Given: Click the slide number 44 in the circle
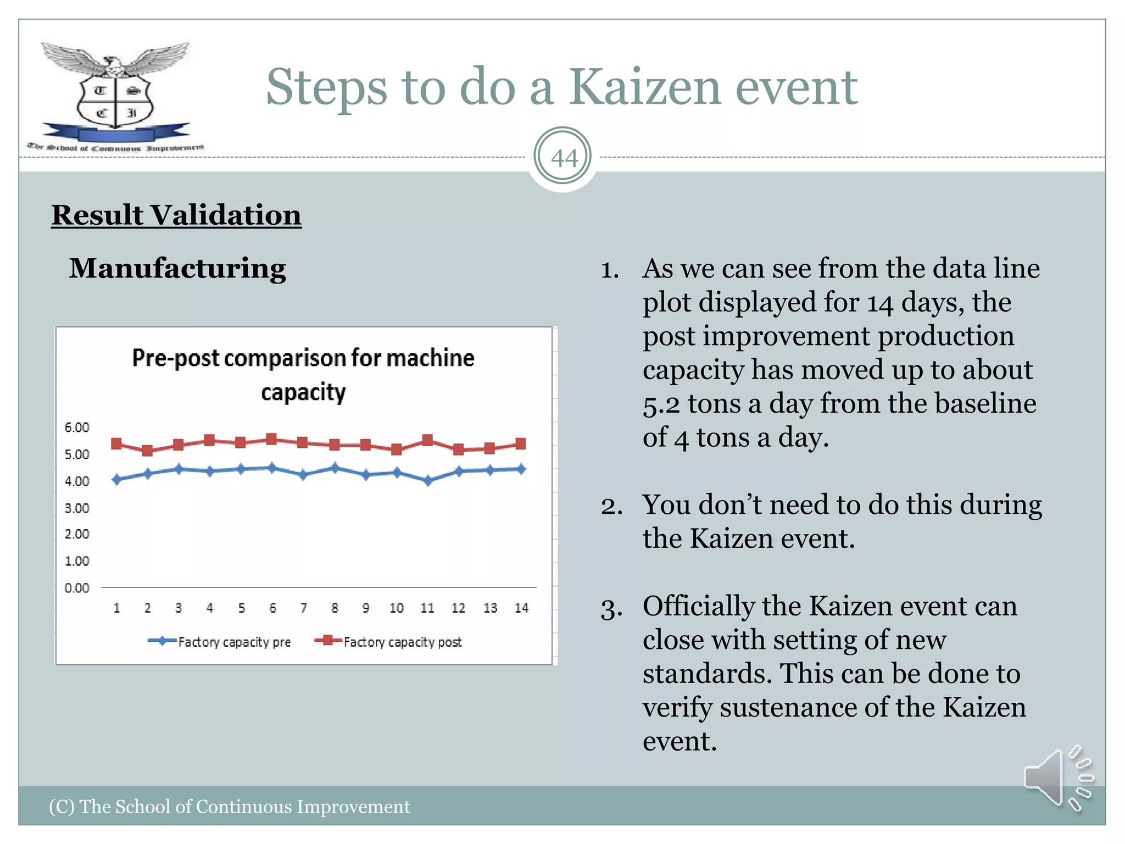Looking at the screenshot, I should [x=564, y=158].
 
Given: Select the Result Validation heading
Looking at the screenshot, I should [x=176, y=215].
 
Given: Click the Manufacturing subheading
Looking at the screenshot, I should [x=177, y=269].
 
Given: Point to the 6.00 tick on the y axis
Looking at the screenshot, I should [x=77, y=427].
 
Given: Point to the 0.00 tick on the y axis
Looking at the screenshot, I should [x=77, y=588].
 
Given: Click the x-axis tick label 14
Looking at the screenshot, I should [x=521, y=608].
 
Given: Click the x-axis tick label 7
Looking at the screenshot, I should [x=303, y=608].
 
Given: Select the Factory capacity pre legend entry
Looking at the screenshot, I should [x=220, y=642].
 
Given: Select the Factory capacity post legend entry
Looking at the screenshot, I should [x=388, y=642].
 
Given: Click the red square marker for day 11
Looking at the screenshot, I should [x=428, y=440].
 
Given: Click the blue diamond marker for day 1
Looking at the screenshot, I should [x=116, y=480].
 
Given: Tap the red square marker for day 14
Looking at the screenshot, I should [x=521, y=443].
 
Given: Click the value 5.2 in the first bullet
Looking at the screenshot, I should [x=661, y=405].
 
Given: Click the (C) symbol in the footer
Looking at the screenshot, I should [x=61, y=807].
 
